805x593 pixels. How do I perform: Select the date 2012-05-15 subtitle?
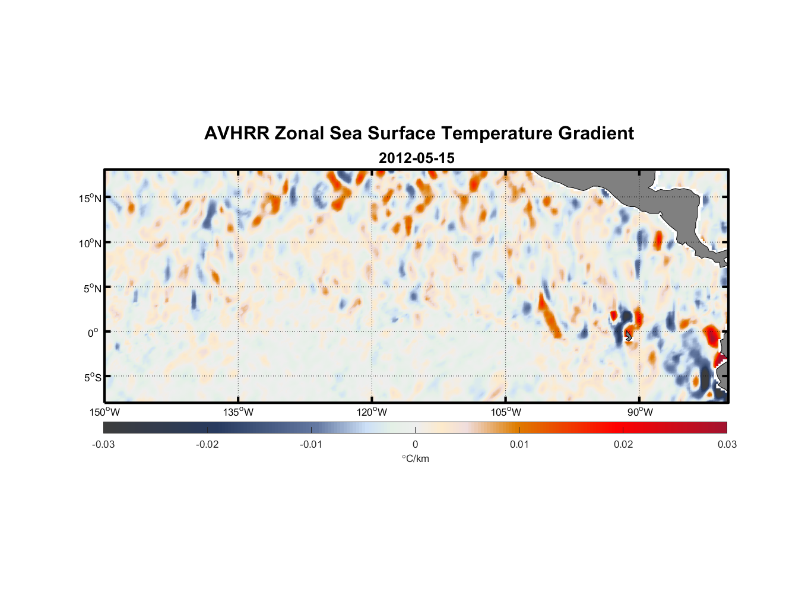(416, 158)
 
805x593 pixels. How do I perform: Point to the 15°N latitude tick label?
(90, 198)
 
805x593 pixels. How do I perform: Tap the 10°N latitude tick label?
(90, 243)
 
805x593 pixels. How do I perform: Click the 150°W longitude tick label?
(105, 412)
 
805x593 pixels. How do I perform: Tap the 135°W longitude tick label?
(239, 412)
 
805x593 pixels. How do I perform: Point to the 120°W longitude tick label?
(372, 412)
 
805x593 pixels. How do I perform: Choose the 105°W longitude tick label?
(506, 412)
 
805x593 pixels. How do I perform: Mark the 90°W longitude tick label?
(639, 412)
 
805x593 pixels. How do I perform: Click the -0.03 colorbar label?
(103, 445)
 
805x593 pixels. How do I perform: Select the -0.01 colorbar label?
(311, 445)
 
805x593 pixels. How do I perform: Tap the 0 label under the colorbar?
(415, 445)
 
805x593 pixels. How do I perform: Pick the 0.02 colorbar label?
(623, 445)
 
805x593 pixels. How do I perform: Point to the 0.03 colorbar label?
(727, 445)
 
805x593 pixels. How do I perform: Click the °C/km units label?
(415, 458)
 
